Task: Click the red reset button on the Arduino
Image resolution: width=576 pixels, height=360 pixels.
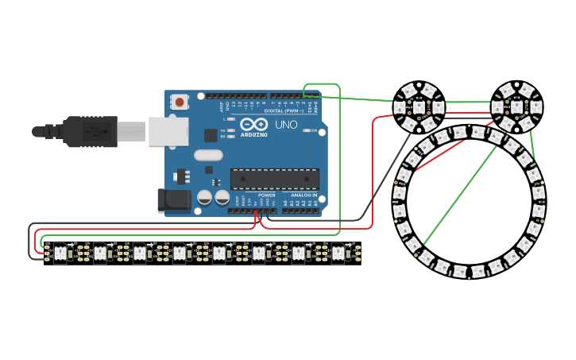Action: (180, 102)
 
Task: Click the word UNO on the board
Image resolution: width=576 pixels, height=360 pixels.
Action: (285, 126)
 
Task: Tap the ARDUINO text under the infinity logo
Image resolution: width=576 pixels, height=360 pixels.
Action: (254, 134)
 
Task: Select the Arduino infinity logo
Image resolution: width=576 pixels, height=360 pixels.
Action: (254, 124)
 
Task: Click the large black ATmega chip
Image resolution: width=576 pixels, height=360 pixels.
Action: (274, 180)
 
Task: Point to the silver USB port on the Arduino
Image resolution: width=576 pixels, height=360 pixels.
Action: (168, 132)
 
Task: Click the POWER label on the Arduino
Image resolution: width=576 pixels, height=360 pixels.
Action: (267, 195)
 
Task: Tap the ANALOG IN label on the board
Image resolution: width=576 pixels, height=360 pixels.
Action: (303, 195)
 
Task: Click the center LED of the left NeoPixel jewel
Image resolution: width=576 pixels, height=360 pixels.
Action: (419, 106)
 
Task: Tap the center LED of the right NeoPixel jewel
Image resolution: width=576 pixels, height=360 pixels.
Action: (516, 106)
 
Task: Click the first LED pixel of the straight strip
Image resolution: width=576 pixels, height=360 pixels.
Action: (60, 253)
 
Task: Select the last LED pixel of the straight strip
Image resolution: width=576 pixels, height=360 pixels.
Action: (338, 253)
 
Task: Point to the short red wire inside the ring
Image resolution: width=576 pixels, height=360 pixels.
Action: (439, 157)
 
